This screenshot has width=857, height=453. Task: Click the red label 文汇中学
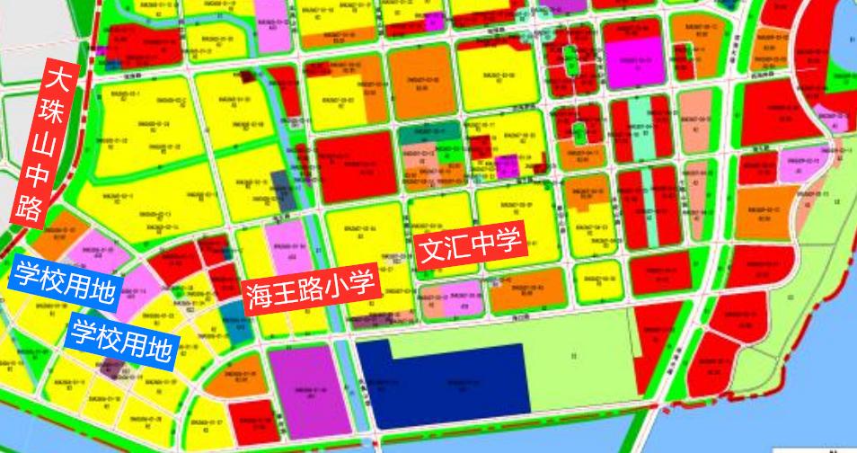471,245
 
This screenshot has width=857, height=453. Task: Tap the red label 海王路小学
308,289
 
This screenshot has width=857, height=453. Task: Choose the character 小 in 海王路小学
334,287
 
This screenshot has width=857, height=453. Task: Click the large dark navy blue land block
440,385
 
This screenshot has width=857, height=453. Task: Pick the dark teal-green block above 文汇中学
429,136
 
